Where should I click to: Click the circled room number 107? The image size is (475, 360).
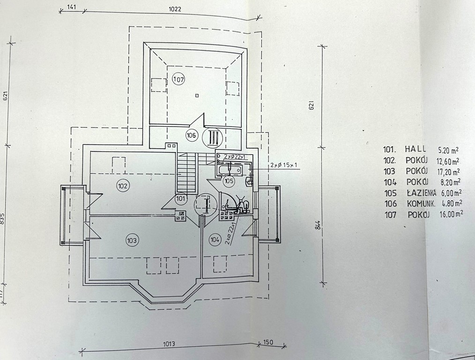coord(179,80)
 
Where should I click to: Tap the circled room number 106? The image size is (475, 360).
coord(191,135)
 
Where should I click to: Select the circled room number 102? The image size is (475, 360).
coord(123,186)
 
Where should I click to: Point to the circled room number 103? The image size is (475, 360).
coord(132,240)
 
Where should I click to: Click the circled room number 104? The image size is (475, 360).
coord(215,240)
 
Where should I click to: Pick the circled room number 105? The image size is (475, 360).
coord(229,181)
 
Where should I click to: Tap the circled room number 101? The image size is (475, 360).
coord(181,199)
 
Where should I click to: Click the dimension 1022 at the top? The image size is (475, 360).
coord(175,9)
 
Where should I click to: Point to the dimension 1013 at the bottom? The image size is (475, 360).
coord(169,344)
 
